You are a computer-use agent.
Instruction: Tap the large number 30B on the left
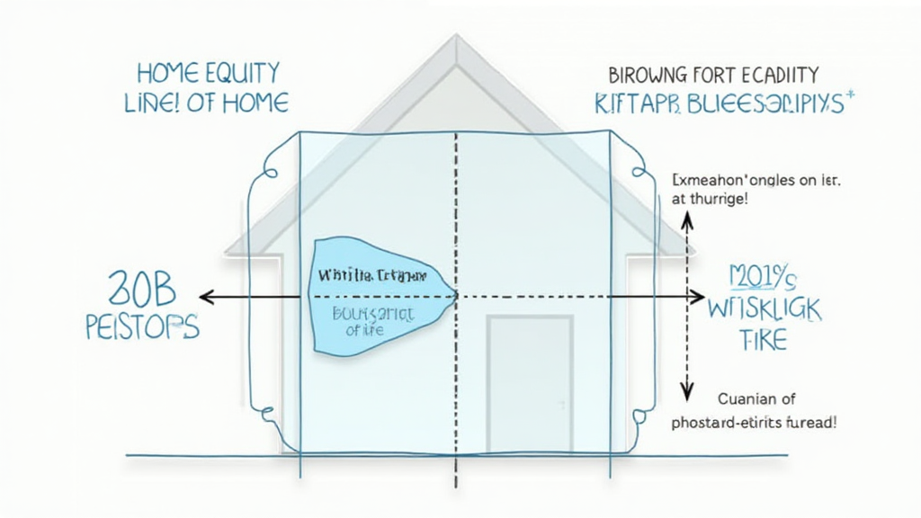143,290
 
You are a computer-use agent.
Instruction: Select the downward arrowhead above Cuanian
686,389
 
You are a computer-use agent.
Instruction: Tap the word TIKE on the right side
761,341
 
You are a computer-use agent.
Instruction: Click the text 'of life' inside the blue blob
364,331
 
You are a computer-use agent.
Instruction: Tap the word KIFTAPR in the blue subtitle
639,103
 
